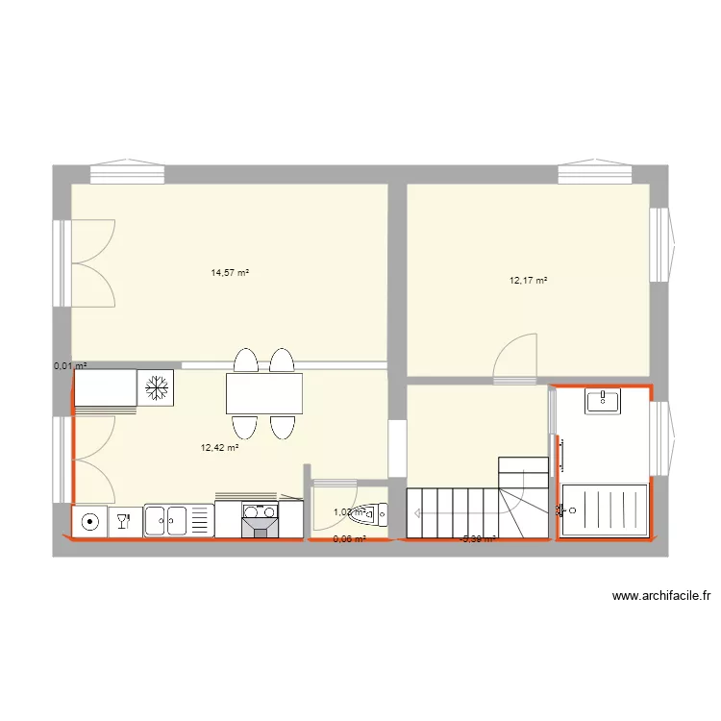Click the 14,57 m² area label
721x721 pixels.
[x=230, y=273]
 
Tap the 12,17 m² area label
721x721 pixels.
[x=528, y=281]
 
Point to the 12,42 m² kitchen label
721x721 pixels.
[x=219, y=447]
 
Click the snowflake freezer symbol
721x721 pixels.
[x=156, y=387]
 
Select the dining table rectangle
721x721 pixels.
[x=263, y=393]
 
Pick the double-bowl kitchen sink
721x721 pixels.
[x=167, y=520]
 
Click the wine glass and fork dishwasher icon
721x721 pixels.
[x=123, y=521]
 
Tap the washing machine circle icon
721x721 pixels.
[x=89, y=521]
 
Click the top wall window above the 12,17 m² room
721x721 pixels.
[x=594, y=173]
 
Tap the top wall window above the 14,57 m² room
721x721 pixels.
[x=128, y=173]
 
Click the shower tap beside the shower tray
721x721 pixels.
[x=561, y=509]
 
